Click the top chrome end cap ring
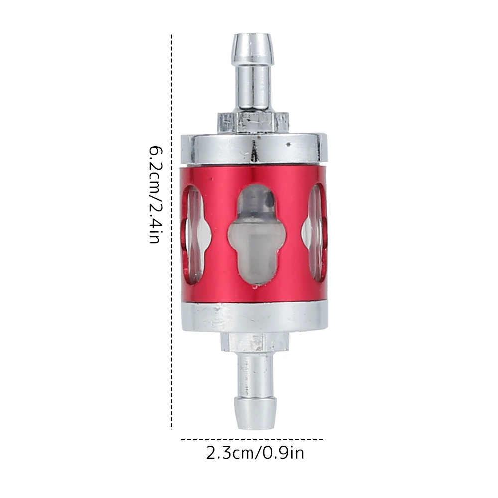click(x=254, y=148)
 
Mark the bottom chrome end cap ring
click(x=254, y=317)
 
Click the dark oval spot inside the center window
click(x=269, y=201)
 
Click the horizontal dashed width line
click(x=253, y=440)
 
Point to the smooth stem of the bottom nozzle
click(x=254, y=371)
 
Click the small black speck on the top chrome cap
click(x=289, y=145)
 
